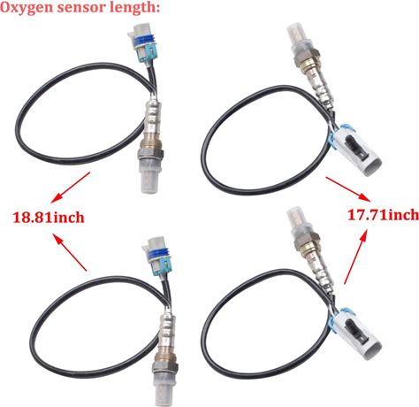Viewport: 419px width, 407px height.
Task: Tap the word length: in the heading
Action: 134,8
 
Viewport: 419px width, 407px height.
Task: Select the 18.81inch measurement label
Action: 49,218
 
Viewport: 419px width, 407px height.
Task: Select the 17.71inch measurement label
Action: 384,215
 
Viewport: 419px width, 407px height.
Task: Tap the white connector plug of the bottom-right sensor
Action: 357,334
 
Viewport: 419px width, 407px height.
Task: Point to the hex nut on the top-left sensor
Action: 150,155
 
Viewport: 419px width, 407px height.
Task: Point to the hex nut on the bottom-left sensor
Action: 165,367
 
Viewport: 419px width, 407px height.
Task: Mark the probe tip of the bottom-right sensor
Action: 298,219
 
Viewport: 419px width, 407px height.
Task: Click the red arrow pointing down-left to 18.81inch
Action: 70,188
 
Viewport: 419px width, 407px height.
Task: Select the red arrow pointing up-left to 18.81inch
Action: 70,252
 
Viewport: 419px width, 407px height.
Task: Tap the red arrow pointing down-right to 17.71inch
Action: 347,189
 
